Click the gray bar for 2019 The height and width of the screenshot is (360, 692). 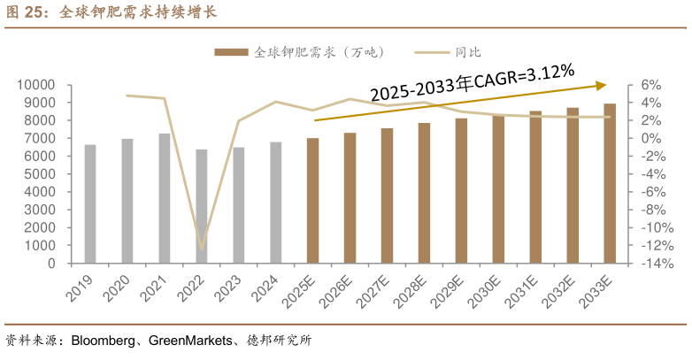coord(90,204)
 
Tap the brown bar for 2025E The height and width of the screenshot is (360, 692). coord(312,201)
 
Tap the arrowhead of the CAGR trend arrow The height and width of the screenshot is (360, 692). coord(602,85)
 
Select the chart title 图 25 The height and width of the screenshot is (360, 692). coord(27,12)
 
